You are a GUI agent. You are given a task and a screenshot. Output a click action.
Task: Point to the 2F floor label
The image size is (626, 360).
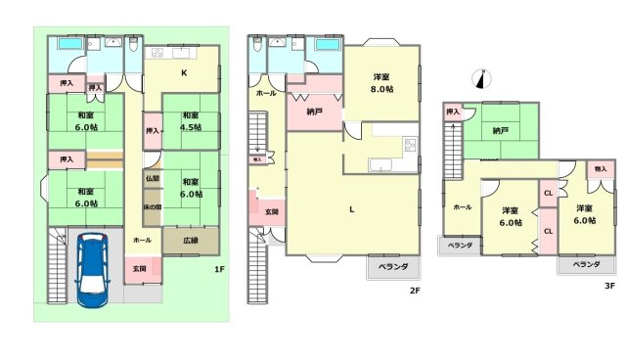point(415,290)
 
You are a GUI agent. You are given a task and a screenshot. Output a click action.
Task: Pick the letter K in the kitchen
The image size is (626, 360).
point(183,71)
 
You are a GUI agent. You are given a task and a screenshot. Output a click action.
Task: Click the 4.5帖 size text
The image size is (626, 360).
point(190,127)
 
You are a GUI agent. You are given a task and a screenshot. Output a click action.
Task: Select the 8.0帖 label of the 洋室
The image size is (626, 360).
point(381,89)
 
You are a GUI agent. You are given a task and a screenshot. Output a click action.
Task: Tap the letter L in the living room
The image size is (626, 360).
point(351,207)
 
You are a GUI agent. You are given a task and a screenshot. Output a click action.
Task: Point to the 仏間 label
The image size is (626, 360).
point(152,178)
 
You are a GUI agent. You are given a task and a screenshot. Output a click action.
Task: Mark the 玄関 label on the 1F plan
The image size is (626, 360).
point(139,268)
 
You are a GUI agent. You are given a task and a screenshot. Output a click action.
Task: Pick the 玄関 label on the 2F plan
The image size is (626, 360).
point(271,211)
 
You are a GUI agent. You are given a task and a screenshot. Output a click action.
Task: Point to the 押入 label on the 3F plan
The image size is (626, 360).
point(452,112)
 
